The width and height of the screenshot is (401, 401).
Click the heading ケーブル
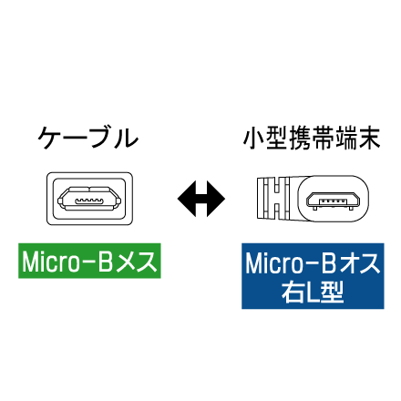88,139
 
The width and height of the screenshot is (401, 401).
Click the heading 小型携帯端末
312,139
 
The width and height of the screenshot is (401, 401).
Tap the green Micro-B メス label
89,261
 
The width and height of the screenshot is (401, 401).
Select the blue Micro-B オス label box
313,276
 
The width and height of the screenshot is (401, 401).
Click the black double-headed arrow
201,199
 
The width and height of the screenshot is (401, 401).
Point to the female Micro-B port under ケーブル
89,199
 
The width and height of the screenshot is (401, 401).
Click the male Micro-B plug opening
334,200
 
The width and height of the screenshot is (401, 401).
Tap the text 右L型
313,292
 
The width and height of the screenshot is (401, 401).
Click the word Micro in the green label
51,262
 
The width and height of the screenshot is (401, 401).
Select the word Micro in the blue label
274,263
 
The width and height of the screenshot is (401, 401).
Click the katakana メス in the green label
137,262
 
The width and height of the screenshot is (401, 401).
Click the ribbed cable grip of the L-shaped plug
273,199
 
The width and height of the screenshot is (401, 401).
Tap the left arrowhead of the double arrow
187,199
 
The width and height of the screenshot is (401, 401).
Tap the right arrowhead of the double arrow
216,199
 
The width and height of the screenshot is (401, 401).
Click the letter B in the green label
106,262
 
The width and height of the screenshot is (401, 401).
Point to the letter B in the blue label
329,263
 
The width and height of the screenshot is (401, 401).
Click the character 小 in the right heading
254,139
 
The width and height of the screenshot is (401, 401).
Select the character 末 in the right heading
370,139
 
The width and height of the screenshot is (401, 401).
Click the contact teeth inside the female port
89,200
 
